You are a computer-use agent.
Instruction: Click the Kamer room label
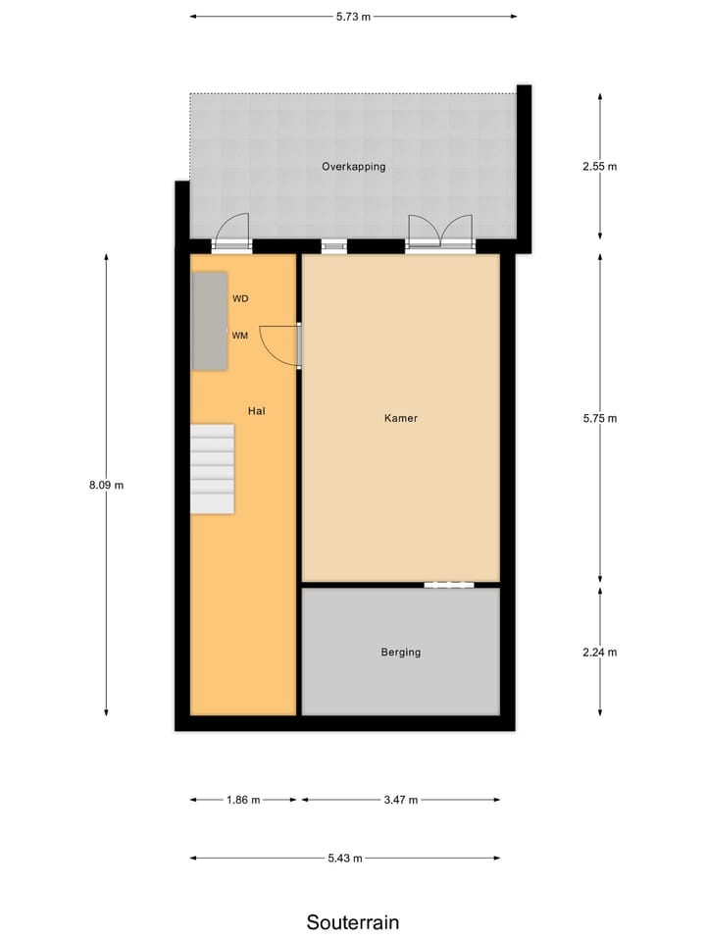click(x=401, y=418)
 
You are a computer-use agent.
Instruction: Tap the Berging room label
click(x=401, y=652)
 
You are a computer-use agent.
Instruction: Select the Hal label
click(x=257, y=411)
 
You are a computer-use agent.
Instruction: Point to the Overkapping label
click(x=353, y=167)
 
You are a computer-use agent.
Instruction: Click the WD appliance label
click(x=240, y=298)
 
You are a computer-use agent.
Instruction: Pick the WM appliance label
click(x=240, y=336)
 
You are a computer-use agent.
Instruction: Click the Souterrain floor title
click(x=353, y=922)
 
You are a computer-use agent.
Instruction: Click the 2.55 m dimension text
click(x=599, y=167)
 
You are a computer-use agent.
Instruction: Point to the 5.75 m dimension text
click(x=599, y=418)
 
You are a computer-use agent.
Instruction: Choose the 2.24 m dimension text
click(x=599, y=652)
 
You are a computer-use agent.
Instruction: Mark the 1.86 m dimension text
click(x=243, y=800)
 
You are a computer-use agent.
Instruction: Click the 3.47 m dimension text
click(x=400, y=800)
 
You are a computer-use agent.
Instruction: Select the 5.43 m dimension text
click(x=344, y=859)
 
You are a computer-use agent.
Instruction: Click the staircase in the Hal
click(x=212, y=468)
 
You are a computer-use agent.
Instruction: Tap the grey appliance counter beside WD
click(x=210, y=321)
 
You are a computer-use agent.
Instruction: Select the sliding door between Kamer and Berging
click(x=449, y=585)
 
